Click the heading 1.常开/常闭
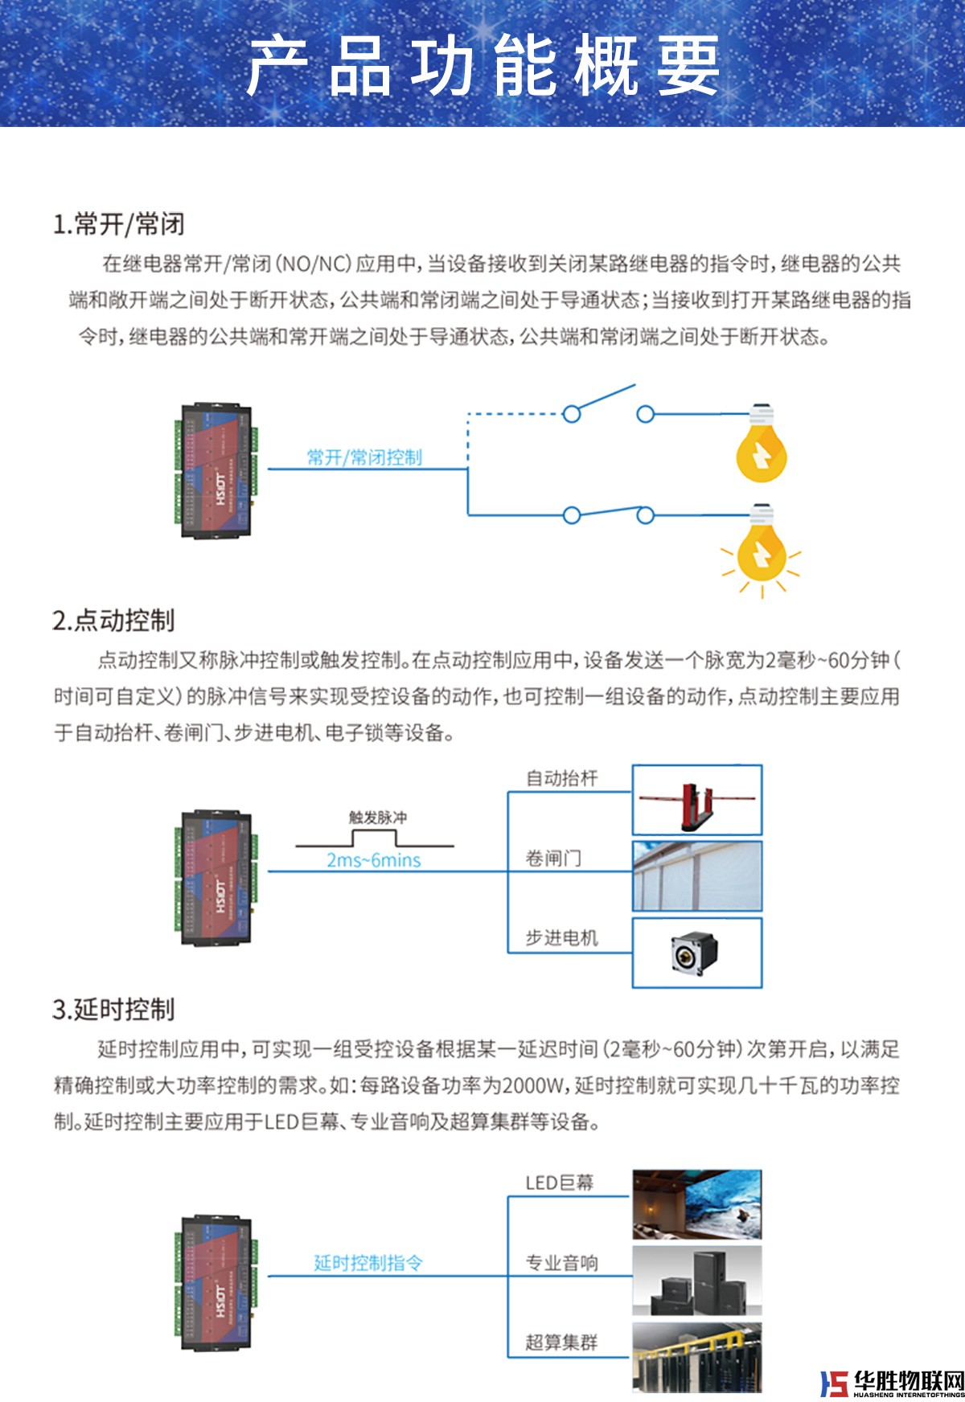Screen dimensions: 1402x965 click(119, 224)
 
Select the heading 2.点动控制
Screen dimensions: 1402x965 click(113, 621)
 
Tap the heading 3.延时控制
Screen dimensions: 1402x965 click(113, 1010)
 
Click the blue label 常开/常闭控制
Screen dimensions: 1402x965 click(364, 457)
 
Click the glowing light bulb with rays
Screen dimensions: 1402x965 click(761, 547)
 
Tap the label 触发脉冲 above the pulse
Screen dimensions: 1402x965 click(377, 818)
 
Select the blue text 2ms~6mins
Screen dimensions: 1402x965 click(373, 860)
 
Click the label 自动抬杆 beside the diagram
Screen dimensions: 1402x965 click(561, 778)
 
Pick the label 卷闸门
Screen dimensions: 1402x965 click(552, 859)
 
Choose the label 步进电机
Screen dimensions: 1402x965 click(561, 938)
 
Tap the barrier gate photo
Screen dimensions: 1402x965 click(696, 801)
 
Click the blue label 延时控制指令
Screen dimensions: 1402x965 click(368, 1263)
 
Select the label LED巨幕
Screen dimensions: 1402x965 click(559, 1183)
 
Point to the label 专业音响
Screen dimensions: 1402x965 click(561, 1263)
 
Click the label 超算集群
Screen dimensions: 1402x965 click(561, 1342)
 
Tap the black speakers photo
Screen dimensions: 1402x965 click(696, 1281)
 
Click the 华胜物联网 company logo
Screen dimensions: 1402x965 click(891, 1384)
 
